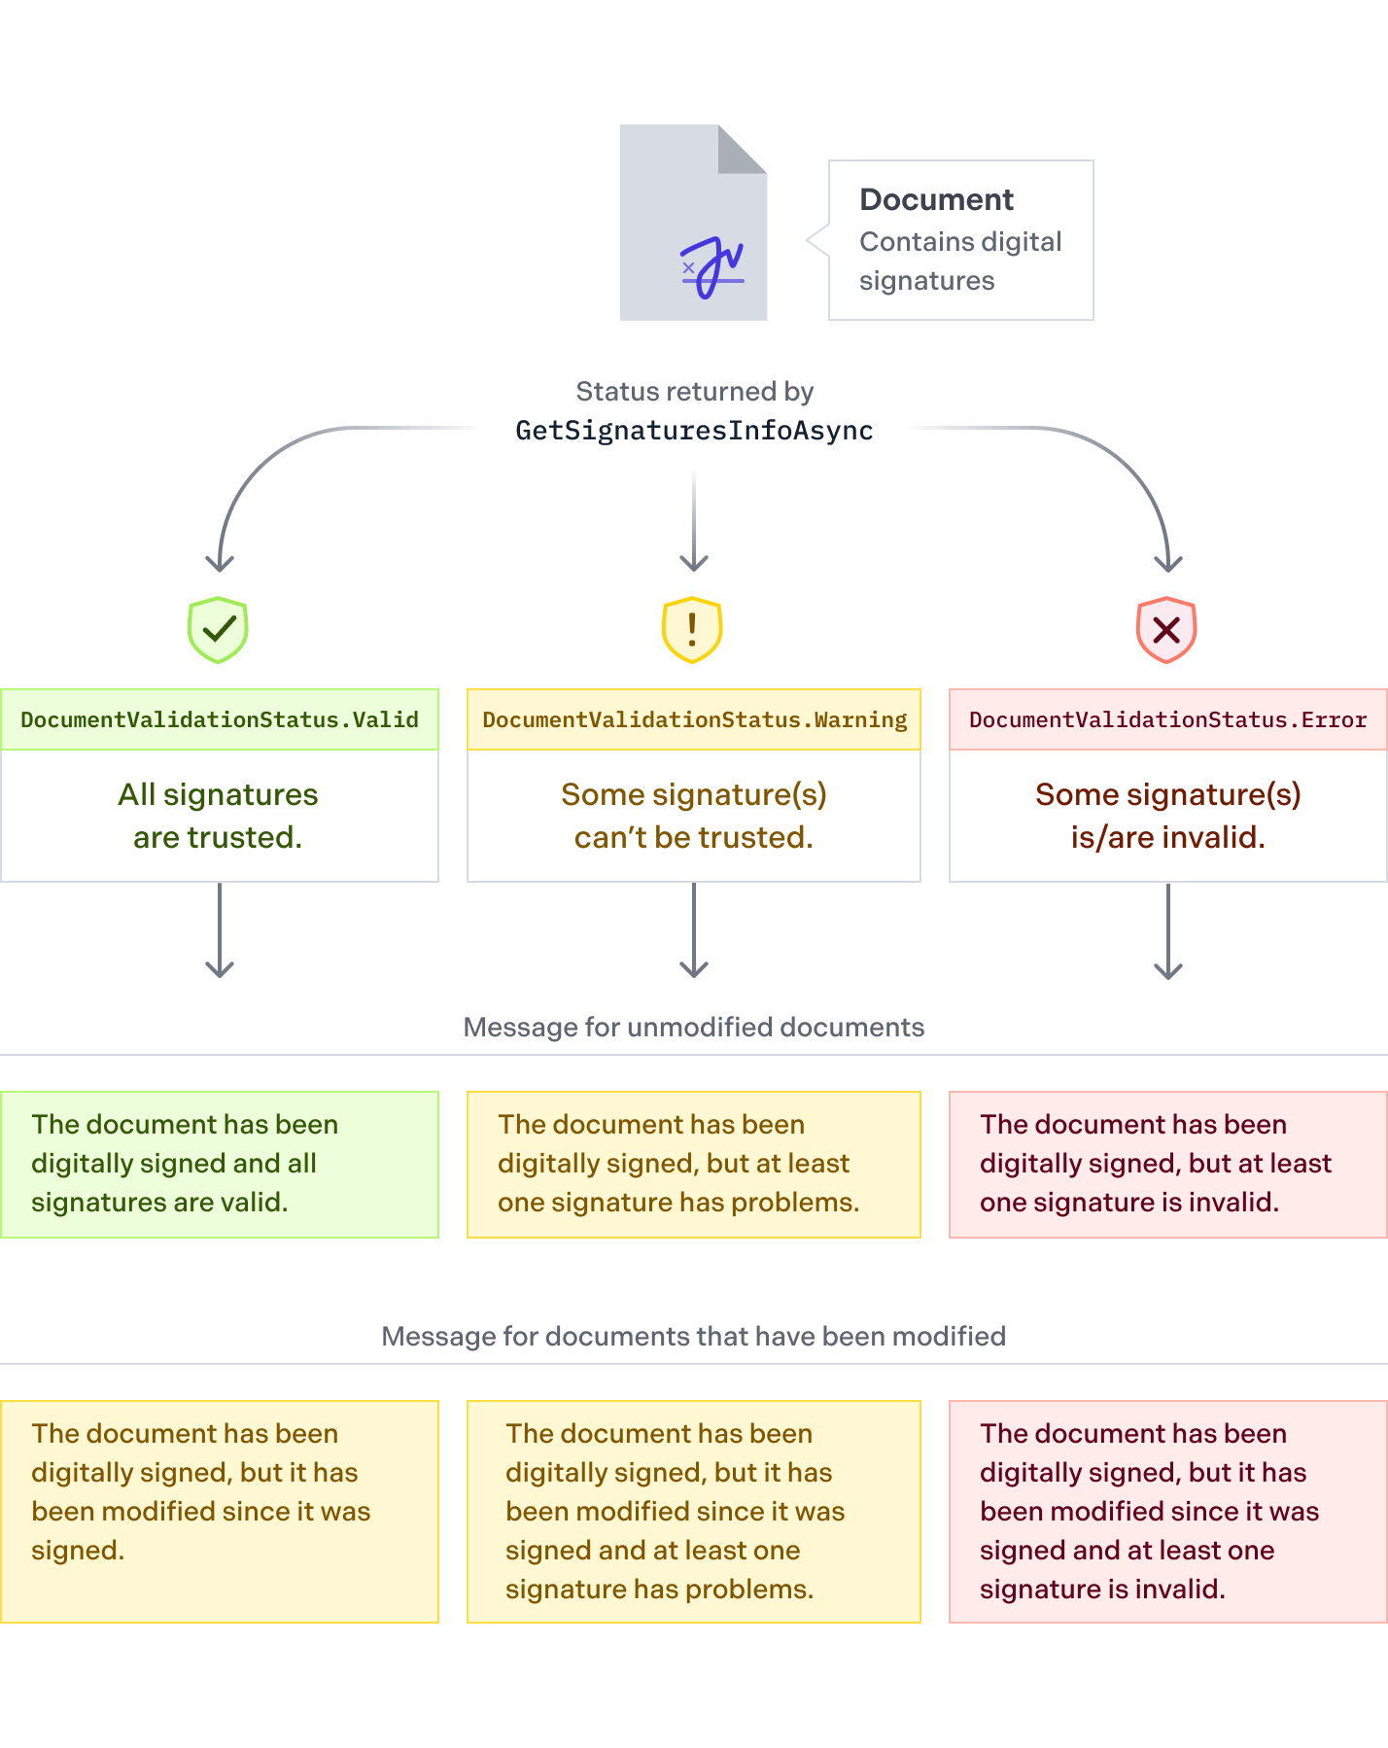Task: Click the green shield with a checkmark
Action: [x=219, y=629]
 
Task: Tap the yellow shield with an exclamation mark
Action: [x=692, y=629]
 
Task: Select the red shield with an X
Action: [x=1166, y=629]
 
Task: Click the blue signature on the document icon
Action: [x=712, y=267]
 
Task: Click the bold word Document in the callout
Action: [x=936, y=199]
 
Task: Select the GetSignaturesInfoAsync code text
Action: [x=694, y=431]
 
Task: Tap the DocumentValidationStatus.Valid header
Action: [x=220, y=719]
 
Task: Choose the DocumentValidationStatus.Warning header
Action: [x=694, y=719]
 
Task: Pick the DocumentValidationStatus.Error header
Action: [x=1168, y=719]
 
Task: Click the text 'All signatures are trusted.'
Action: [x=219, y=816]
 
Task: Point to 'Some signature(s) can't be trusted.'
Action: [x=694, y=816]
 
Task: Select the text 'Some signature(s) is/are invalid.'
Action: [x=1168, y=816]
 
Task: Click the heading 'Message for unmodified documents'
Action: [x=694, y=1028]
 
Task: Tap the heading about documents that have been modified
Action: [x=694, y=1337]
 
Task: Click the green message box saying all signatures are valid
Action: [x=220, y=1165]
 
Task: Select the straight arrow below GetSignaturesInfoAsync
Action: [x=694, y=522]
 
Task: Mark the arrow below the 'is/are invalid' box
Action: [x=1168, y=931]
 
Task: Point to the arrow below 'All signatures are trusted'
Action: [x=220, y=930]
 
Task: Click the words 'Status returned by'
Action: [x=694, y=392]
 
